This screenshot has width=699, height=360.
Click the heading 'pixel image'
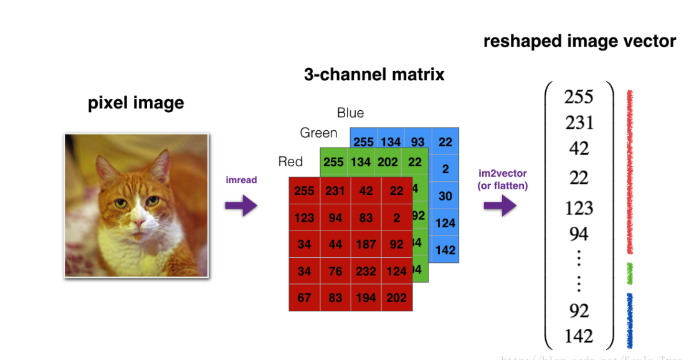136,103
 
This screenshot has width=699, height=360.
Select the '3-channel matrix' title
374,75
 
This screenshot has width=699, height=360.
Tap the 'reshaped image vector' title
579,42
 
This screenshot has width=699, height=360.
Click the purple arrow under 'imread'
240,205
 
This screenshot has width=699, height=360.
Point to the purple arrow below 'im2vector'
500,205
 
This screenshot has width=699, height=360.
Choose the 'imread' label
241,180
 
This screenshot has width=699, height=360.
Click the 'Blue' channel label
350,113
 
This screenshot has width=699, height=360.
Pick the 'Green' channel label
318,133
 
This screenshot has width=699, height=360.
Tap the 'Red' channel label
290,162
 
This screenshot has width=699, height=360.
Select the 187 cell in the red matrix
366,244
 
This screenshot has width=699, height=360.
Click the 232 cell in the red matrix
366,271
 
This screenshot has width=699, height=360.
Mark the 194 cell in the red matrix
366,298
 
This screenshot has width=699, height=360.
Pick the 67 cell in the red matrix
304,298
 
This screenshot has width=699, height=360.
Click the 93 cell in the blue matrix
417,142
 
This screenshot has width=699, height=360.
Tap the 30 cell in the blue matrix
445,196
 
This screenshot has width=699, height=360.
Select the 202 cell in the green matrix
388,162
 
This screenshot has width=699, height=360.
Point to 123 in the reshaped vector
579,208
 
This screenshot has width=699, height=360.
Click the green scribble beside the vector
630,273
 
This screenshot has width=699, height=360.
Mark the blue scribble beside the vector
630,320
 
